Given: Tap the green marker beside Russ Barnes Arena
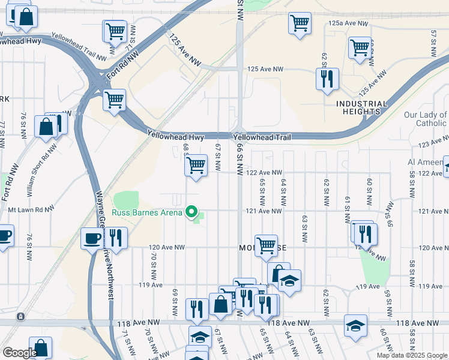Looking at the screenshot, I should [192, 211].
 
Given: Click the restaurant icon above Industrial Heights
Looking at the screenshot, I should [327, 79].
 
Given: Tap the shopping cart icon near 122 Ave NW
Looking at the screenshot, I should [196, 165].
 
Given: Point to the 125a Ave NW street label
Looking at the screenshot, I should [348, 23].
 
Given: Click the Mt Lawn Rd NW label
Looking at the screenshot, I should [31, 210].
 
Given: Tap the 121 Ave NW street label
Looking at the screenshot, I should [264, 211].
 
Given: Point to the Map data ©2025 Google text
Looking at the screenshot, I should [412, 355].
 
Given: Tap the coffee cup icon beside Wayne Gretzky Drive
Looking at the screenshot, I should [92, 238].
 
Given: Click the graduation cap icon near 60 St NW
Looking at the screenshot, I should [355, 326].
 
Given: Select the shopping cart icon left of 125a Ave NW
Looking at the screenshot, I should [300, 23].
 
